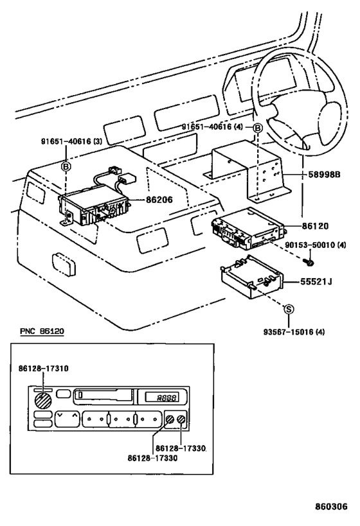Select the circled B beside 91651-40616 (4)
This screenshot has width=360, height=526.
(257, 128)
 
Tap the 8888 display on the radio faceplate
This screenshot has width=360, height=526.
(157, 398)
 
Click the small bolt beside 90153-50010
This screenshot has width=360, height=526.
(310, 261)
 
